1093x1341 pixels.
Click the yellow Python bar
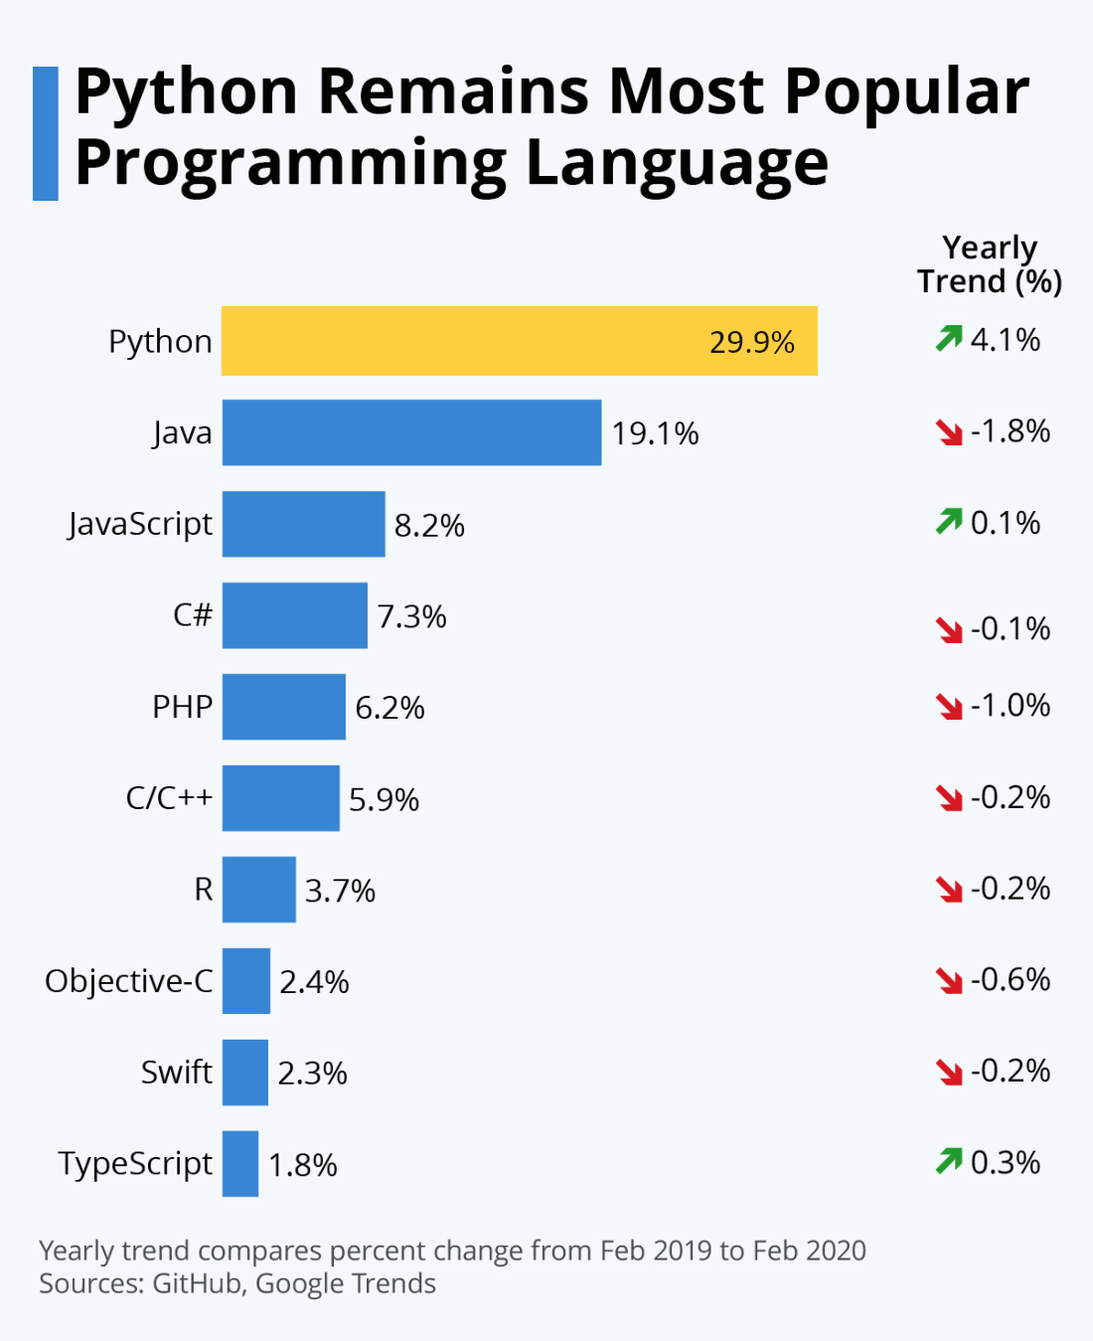519,341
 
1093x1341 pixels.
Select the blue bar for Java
411,432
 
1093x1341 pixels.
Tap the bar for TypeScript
240,1163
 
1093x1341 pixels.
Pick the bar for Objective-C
246,980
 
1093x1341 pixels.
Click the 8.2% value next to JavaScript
429,525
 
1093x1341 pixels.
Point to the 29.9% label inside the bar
751,342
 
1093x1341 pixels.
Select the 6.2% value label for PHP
390,708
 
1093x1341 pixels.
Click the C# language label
193,614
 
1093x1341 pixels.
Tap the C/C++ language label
169,797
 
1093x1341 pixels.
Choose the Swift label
177,1072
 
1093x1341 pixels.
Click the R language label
203,889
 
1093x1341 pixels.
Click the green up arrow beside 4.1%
949,339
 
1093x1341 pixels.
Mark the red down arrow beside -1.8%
949,431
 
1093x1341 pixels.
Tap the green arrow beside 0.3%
949,1160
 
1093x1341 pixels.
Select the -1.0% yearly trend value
1010,706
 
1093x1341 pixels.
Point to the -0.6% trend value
1010,979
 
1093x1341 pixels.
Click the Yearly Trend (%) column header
990,264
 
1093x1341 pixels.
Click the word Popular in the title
906,91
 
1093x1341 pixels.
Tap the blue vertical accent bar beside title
46,133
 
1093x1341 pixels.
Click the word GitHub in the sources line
197,1283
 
